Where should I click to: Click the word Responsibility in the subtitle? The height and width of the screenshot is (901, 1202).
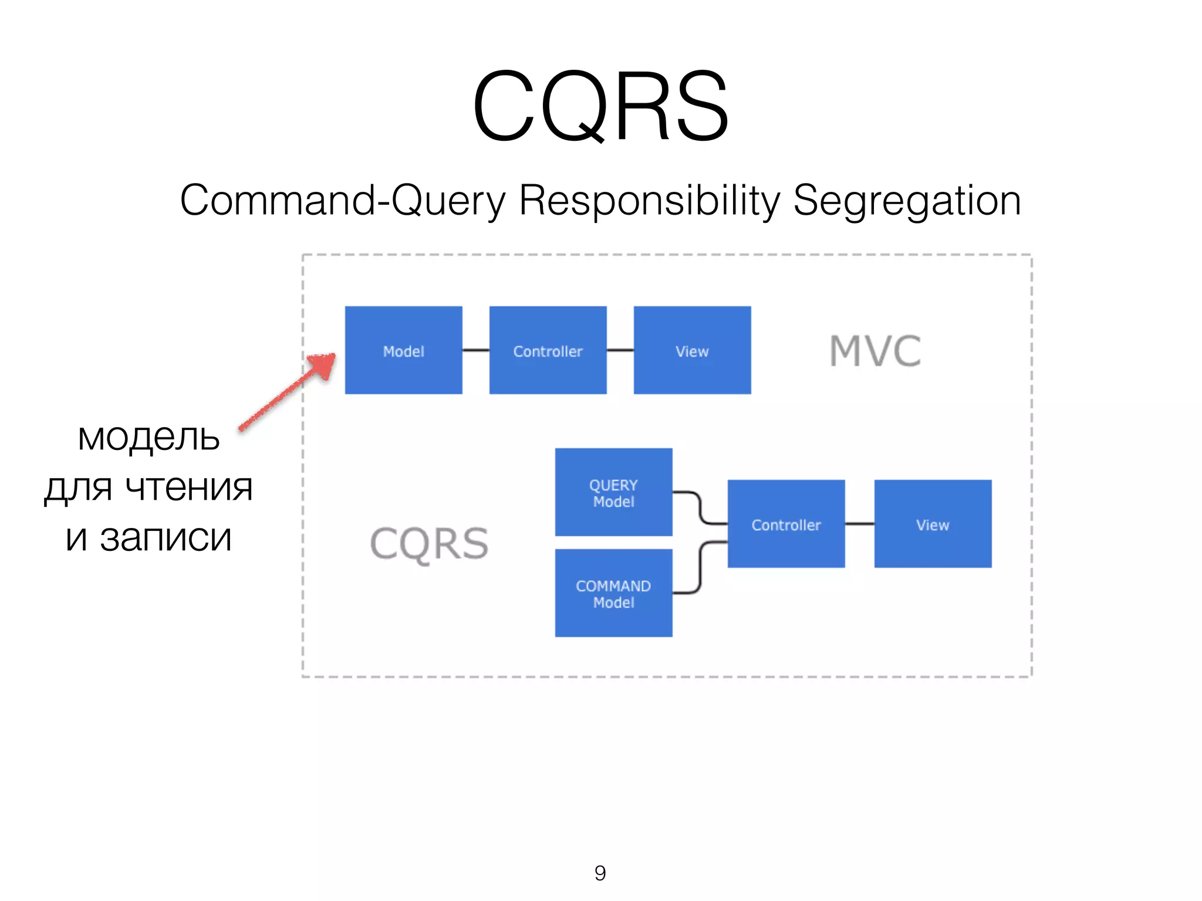click(650, 201)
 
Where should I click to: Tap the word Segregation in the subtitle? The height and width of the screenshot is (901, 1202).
click(907, 201)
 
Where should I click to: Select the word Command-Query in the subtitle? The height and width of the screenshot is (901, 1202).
click(342, 201)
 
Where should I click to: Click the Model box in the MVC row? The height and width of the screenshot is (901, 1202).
click(403, 350)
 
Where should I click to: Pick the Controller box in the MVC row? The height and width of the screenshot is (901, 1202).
click(548, 350)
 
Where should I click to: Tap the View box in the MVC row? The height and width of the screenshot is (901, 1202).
click(692, 350)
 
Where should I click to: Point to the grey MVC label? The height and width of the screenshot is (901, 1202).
click(875, 351)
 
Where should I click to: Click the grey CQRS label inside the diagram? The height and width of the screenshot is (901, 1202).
click(429, 544)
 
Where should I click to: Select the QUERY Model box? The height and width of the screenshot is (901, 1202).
click(613, 492)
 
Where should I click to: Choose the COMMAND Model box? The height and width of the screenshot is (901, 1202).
click(613, 593)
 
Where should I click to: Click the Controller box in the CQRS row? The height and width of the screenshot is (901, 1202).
click(786, 524)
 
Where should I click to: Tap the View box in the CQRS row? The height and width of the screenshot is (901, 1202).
click(933, 524)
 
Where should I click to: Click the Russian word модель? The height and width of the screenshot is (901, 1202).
click(148, 438)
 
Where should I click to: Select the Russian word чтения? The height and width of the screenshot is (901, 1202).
click(189, 488)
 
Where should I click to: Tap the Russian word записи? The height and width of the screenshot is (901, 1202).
click(166, 538)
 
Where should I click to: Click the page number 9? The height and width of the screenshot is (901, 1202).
click(600, 873)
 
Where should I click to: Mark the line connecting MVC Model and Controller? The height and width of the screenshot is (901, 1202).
click(475, 350)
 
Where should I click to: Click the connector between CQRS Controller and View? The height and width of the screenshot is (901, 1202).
click(859, 524)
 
